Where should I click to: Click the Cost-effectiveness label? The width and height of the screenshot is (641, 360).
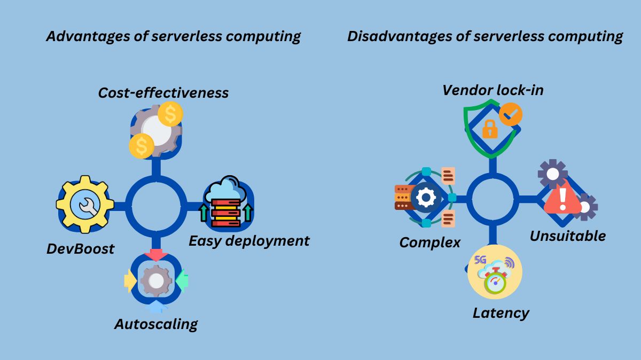click(163, 92)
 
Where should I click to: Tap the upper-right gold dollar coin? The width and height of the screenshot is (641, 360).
click(170, 114)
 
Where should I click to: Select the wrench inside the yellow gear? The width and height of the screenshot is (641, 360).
click(86, 206)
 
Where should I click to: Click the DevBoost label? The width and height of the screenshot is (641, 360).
click(80, 249)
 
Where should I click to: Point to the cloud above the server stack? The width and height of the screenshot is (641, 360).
click(225, 189)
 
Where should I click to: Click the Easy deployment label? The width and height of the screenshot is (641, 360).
click(249, 240)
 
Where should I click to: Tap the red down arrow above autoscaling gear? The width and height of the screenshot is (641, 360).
click(157, 255)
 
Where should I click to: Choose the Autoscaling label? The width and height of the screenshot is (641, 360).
click(156, 324)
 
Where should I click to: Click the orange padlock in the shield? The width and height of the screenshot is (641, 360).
click(489, 128)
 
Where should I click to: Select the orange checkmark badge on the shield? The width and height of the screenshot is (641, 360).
click(511, 114)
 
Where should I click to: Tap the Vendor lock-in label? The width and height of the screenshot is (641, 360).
click(493, 90)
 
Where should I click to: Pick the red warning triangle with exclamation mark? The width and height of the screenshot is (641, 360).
click(562, 198)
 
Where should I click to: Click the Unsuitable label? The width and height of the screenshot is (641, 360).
click(567, 236)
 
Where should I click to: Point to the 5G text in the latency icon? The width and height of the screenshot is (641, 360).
click(480, 260)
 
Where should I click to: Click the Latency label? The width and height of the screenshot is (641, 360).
click(501, 312)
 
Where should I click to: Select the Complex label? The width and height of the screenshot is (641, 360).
click(429, 242)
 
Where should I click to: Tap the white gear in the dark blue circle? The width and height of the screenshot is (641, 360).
click(426, 197)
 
